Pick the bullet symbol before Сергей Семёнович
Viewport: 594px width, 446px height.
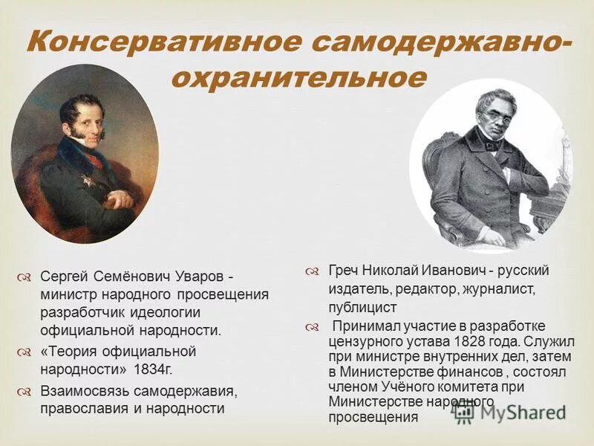(x=24, y=277)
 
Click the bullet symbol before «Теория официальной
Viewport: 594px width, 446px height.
(x=24, y=351)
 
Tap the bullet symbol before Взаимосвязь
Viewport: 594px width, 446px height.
(x=24, y=391)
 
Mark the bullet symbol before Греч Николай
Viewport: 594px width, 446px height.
(x=313, y=270)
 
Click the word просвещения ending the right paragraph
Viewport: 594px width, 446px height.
(x=373, y=417)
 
